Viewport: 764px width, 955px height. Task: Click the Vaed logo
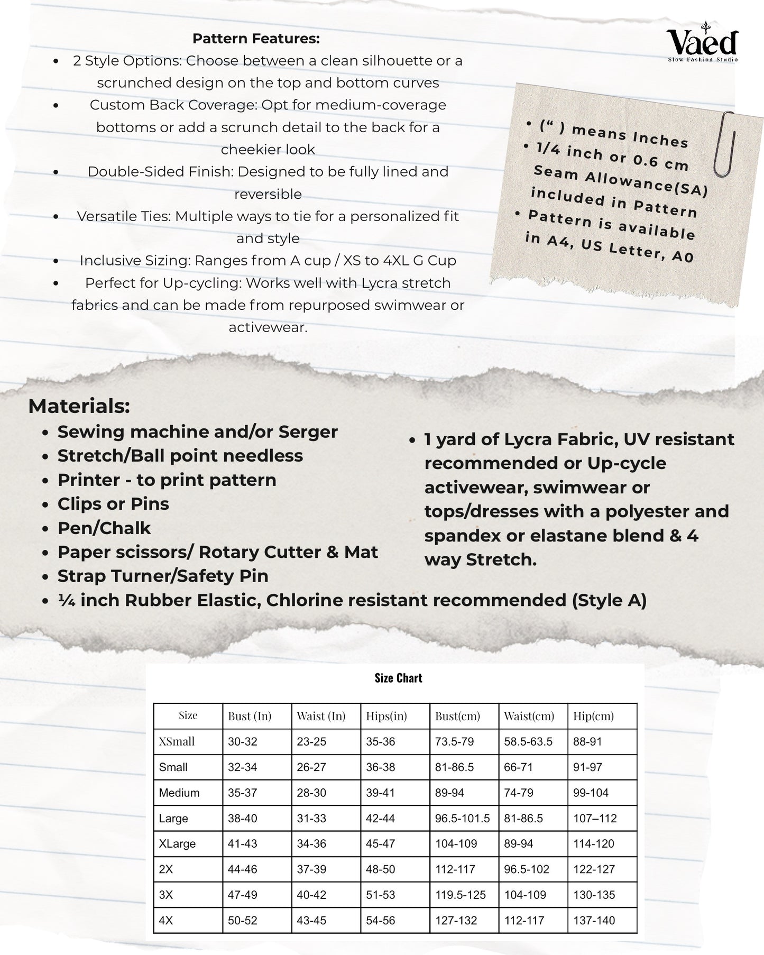[x=702, y=44]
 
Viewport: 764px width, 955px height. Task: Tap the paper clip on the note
[x=724, y=144]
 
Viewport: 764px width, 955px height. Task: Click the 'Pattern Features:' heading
[x=256, y=39]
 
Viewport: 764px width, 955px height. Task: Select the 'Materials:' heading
[x=79, y=406]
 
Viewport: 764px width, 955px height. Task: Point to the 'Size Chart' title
[x=398, y=678]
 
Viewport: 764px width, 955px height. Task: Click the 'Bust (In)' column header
[x=249, y=716]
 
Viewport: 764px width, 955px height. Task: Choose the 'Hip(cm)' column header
[x=593, y=716]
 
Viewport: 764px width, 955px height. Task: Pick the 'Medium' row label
[x=179, y=793]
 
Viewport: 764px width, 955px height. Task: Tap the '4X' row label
[x=166, y=920]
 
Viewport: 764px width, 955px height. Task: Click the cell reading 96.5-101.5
[x=462, y=818]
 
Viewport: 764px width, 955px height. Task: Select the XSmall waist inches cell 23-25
[x=311, y=741]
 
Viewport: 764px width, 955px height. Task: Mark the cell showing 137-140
[x=594, y=920]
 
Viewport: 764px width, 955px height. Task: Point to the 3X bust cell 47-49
[x=243, y=895]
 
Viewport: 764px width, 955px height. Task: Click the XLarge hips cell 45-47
[x=380, y=843]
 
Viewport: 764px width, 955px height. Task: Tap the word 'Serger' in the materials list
[x=308, y=432]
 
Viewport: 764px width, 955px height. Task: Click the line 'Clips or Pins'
[x=113, y=504]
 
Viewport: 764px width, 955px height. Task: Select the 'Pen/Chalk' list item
[x=104, y=528]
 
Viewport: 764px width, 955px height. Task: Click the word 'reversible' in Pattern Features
[x=268, y=194]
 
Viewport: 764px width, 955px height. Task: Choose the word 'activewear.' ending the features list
[x=268, y=327]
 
